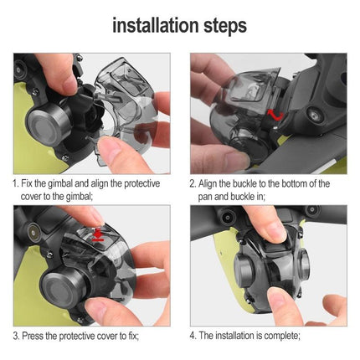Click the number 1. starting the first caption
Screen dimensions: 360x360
[16, 183]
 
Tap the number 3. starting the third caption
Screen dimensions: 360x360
[16, 336]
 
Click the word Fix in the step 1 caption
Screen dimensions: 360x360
[29, 183]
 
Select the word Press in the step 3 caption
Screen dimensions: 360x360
[34, 336]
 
